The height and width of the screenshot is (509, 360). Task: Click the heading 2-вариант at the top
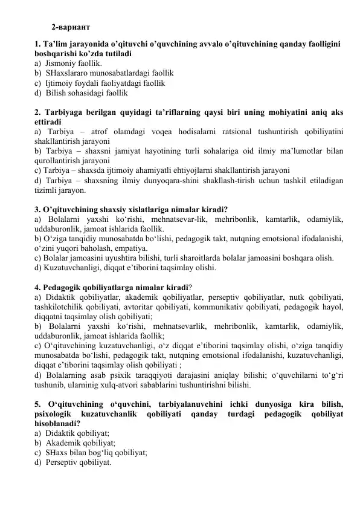coord(71,27)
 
